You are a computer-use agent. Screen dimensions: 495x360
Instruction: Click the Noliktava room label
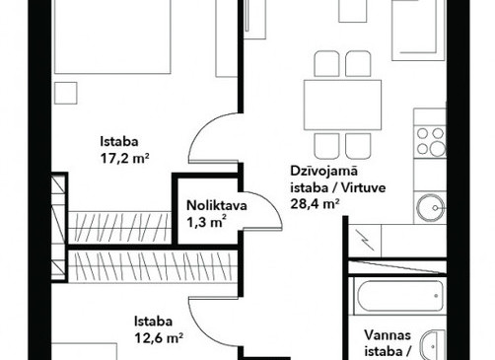click(x=217, y=205)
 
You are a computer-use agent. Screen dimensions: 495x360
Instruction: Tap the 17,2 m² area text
click(x=124, y=159)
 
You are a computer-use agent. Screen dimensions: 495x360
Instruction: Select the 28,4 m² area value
click(x=315, y=204)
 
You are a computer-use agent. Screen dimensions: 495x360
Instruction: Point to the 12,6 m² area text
click(x=159, y=337)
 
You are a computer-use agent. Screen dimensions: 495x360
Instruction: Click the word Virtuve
click(x=363, y=188)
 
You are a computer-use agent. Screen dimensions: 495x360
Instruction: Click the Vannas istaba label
click(x=388, y=343)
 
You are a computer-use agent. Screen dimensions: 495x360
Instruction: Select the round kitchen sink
click(x=431, y=208)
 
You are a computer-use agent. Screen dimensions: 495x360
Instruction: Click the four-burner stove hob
click(x=430, y=142)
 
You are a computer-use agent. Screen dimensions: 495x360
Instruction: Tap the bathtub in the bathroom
click(x=399, y=296)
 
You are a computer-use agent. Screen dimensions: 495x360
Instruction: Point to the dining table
click(x=342, y=105)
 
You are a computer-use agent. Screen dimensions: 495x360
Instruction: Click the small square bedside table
click(x=66, y=93)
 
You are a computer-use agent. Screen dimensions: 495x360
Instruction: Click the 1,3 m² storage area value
click(x=206, y=223)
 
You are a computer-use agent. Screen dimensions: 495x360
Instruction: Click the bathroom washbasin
click(x=433, y=345)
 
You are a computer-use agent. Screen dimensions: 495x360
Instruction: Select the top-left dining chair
click(x=326, y=64)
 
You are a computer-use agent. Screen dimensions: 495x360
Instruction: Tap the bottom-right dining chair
click(x=358, y=146)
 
